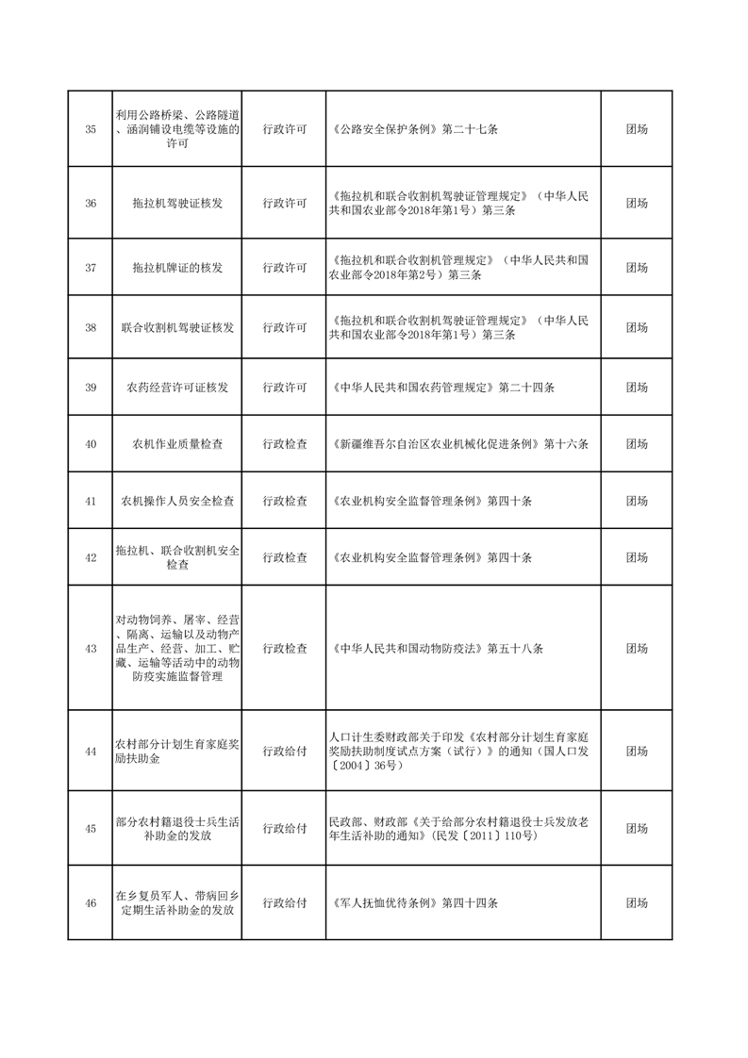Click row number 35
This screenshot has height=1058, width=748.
(91, 129)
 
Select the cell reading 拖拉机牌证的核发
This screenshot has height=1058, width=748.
(178, 268)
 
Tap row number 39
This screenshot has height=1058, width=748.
(91, 388)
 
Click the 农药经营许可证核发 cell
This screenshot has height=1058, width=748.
(178, 388)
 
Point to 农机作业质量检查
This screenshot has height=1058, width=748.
(178, 444)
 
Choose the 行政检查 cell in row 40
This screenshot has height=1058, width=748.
(284, 444)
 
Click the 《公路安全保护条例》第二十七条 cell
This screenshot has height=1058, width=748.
(421, 129)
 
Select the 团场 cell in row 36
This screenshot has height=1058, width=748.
(637, 204)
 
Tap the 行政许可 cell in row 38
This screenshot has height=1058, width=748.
(284, 328)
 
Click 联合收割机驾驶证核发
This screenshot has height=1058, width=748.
(178, 328)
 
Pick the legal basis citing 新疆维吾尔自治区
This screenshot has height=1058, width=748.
(460, 444)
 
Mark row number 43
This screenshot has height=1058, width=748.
(91, 649)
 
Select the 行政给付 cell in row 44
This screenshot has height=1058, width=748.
(284, 752)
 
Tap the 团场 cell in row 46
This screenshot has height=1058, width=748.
(637, 902)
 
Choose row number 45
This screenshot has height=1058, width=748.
(91, 829)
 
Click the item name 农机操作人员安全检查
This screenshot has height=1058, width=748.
(178, 502)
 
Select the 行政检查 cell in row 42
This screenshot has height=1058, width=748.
(284, 557)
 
